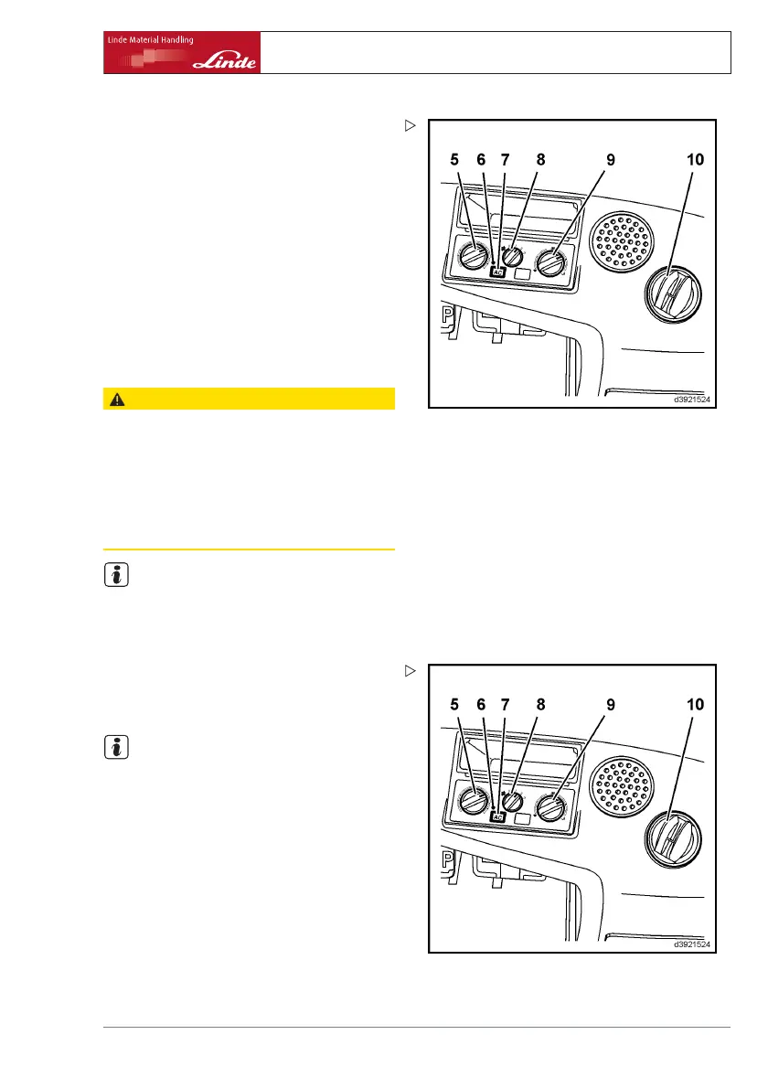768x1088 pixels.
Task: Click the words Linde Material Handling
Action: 148,40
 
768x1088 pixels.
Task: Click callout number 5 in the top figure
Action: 454,159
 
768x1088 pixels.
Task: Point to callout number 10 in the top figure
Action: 696,159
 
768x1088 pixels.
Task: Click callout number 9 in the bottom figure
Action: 611,706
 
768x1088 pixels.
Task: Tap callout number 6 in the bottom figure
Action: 482,706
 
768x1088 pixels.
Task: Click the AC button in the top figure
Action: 498,272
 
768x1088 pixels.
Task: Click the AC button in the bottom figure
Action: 498,818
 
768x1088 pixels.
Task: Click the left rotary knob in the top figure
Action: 473,258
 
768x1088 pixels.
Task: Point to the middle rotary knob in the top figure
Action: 512,256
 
